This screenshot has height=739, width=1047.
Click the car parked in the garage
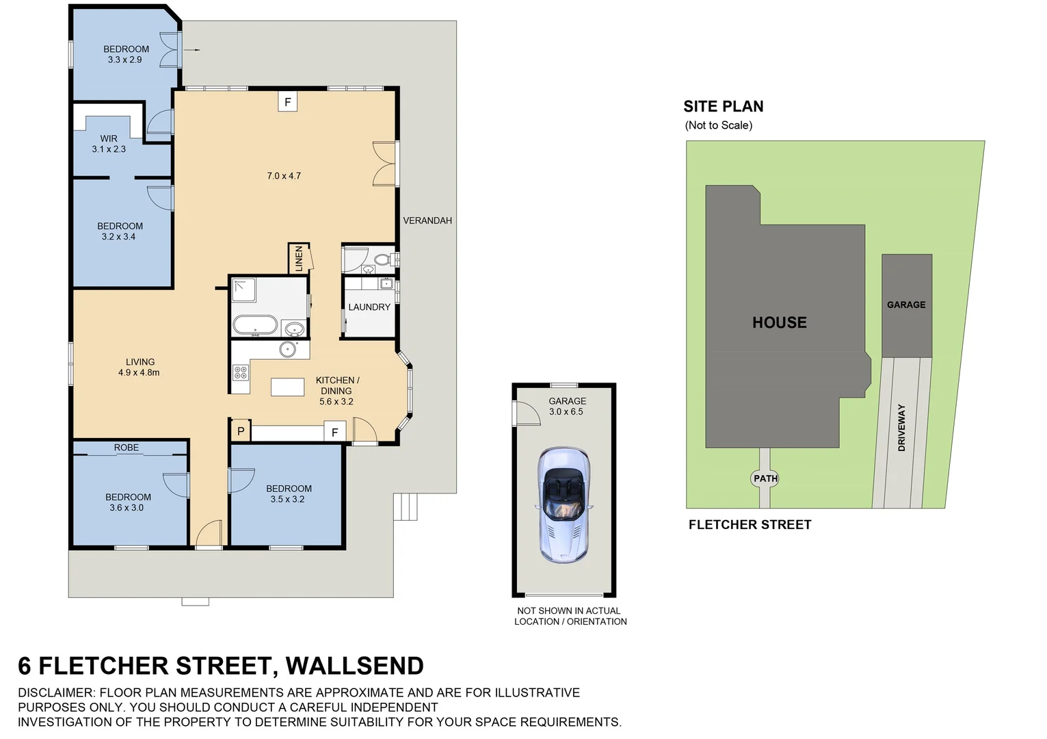(x=564, y=505)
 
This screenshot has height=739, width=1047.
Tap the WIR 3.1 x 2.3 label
(x=109, y=144)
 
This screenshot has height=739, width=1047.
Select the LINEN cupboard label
(x=299, y=259)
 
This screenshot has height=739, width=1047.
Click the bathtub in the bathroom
(x=254, y=324)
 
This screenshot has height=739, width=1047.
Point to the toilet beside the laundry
(x=383, y=260)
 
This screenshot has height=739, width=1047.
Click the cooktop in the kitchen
(x=241, y=372)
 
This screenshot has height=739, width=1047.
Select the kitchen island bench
(x=287, y=387)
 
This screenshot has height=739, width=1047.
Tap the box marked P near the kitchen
(x=241, y=431)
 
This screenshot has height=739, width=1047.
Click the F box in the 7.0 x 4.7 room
(x=287, y=103)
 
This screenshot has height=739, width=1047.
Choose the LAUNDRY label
(x=369, y=307)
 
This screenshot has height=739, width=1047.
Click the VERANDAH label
(x=427, y=220)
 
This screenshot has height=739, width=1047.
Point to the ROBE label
(x=127, y=448)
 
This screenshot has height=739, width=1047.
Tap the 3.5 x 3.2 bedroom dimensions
(x=287, y=500)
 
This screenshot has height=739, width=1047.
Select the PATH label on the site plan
(x=765, y=478)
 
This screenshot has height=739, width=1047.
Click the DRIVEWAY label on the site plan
(x=901, y=428)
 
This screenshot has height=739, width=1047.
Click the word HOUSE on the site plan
(x=779, y=322)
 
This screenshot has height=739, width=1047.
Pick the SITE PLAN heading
(x=723, y=107)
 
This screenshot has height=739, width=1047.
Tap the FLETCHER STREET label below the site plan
(x=750, y=525)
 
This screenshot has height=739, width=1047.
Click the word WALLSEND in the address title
(x=354, y=666)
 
